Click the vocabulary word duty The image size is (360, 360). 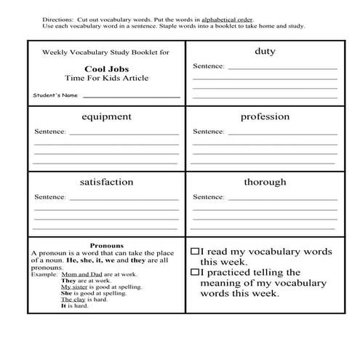(265, 52)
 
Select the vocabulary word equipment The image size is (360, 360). (106, 116)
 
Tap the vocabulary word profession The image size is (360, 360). (265, 116)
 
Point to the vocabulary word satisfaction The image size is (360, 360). (106, 182)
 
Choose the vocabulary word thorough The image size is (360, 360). (265, 182)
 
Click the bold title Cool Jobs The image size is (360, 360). (106, 70)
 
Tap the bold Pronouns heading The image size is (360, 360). (106, 245)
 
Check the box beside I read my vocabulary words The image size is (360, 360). (195, 250)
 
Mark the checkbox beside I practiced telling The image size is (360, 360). (195, 272)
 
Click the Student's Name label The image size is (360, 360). (55, 95)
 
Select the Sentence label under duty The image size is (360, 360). (208, 66)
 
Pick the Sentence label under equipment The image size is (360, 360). (50, 132)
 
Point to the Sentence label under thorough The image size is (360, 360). (208, 197)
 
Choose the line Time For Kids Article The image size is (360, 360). (106, 79)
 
